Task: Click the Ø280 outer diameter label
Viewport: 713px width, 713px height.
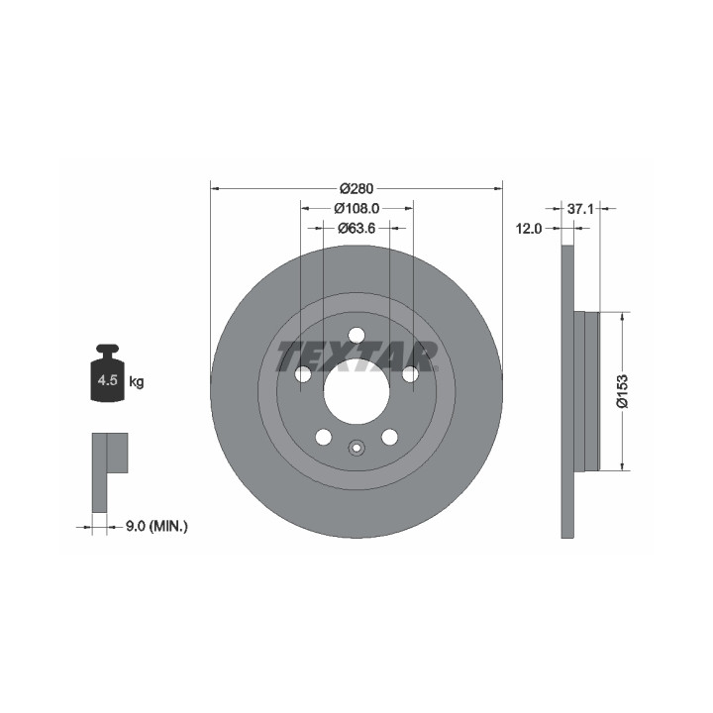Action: [356, 188]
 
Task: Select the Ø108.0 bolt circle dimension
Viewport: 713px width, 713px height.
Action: [356, 208]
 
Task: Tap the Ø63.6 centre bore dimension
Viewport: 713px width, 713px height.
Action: [356, 228]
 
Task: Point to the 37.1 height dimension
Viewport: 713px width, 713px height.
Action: [580, 209]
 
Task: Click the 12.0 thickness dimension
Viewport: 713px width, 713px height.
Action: [529, 229]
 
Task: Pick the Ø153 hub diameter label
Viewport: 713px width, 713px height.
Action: [622, 391]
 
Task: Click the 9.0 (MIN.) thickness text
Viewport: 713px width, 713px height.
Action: [156, 527]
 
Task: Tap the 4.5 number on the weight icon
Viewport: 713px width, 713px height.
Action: [108, 380]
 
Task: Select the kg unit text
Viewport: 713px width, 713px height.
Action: [137, 382]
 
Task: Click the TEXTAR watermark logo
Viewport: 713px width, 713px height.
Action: [356, 356]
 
